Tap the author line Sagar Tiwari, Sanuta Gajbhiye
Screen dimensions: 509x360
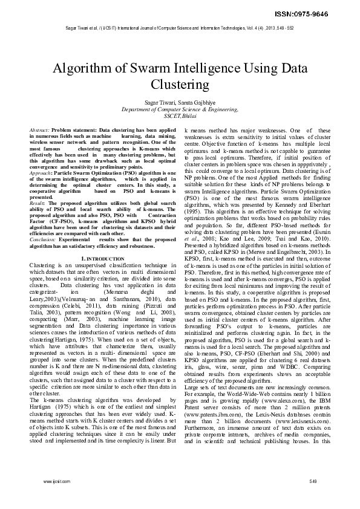180,103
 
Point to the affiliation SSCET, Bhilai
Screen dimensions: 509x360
180,116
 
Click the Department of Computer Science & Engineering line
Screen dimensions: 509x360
180,109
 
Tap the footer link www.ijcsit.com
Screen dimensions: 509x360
53,481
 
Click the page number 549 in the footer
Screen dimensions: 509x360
313,481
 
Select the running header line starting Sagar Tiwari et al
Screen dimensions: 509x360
180,28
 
